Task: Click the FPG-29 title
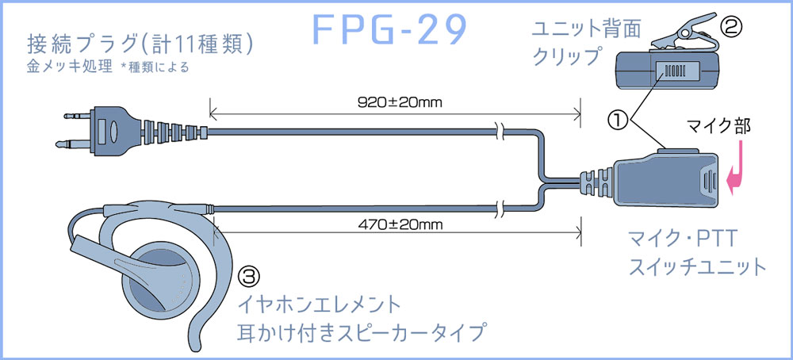(x=389, y=30)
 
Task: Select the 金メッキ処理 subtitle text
(x=69, y=67)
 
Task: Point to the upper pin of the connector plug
(x=79, y=117)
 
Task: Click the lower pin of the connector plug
(x=75, y=144)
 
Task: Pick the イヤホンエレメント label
(x=320, y=305)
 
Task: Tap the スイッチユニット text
(x=698, y=266)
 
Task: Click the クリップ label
(x=565, y=56)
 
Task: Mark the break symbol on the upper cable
(x=500, y=132)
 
